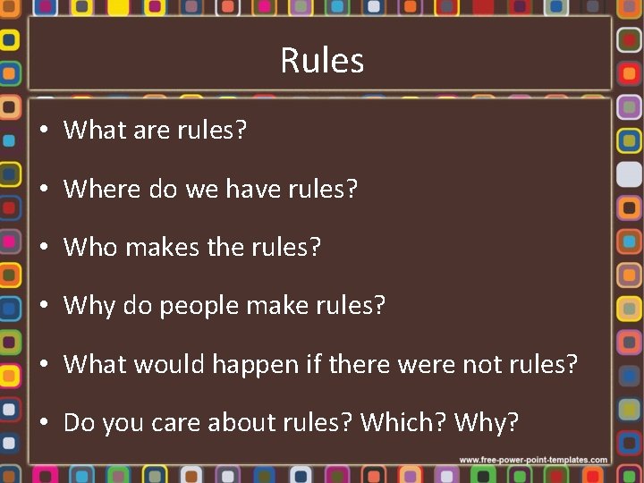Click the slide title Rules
click(x=322, y=61)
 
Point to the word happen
click(x=263, y=366)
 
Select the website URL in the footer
click(x=534, y=460)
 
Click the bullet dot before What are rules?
click(x=44, y=131)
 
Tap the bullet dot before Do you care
click(x=44, y=423)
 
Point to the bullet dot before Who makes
click(x=44, y=248)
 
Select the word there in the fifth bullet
click(x=361, y=365)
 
